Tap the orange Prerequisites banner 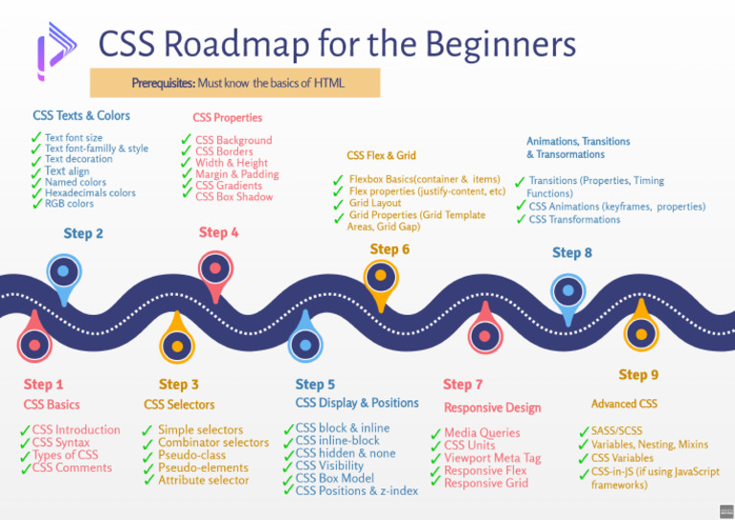point(235,83)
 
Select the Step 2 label point(83,233)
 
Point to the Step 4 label point(218,232)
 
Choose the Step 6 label point(390,249)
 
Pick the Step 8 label point(571,252)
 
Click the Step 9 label point(638,374)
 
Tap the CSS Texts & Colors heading point(81,116)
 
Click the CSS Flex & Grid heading point(381,155)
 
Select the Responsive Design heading point(492,407)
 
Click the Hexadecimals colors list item point(90,192)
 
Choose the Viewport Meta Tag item point(492,458)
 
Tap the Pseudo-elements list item point(203,467)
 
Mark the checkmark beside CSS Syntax point(24,443)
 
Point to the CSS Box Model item point(334,478)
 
